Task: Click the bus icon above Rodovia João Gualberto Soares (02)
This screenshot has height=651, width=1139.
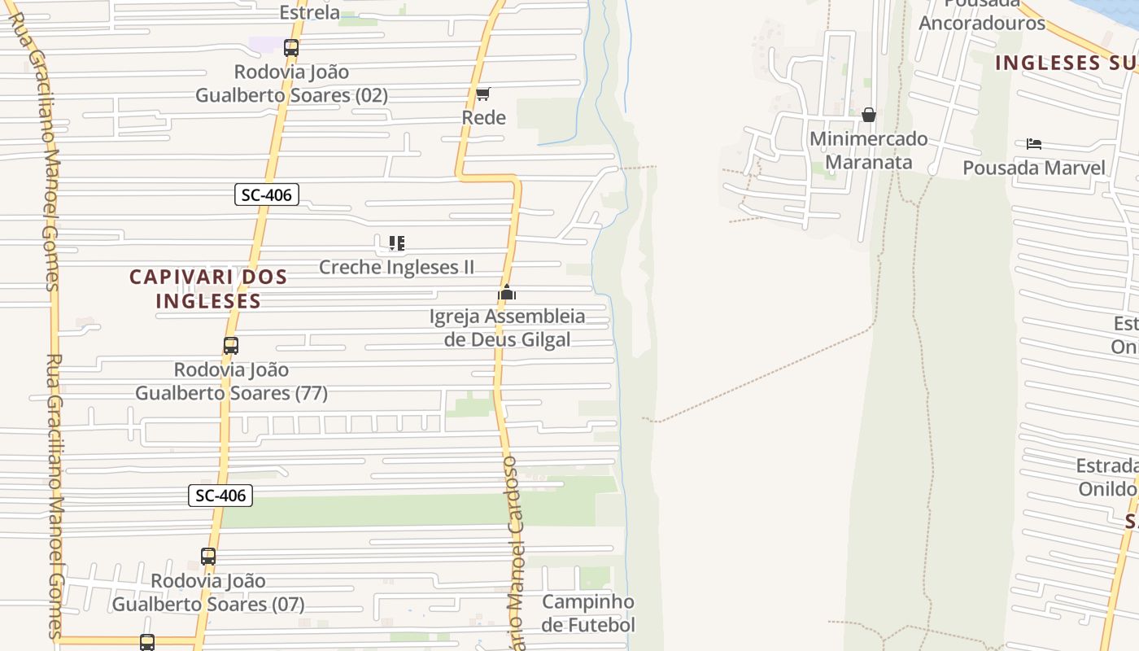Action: [291, 48]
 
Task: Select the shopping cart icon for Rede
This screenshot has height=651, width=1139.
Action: [483, 94]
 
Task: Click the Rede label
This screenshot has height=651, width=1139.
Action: [483, 117]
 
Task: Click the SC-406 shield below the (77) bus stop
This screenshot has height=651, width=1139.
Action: [220, 495]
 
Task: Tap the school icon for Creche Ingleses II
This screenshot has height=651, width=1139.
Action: [396, 243]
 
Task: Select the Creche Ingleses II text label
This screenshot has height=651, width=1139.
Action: [396, 267]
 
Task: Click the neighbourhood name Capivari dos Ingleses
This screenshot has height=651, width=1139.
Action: [208, 289]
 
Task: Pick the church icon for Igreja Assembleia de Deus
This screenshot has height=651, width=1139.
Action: [507, 293]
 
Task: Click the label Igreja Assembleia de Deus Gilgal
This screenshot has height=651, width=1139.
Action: [508, 328]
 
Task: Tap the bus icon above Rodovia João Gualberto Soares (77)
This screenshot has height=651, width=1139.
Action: [231, 346]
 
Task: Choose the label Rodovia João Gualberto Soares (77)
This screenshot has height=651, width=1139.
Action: [231, 382]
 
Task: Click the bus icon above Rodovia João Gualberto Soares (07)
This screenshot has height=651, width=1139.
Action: [208, 557]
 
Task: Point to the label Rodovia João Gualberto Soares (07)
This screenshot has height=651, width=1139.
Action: [208, 592]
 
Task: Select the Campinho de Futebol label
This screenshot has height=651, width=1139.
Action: [587, 614]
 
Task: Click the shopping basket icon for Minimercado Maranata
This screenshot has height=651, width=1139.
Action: [869, 115]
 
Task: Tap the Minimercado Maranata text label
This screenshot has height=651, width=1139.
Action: [868, 151]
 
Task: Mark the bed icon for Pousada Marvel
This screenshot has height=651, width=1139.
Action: [1034, 144]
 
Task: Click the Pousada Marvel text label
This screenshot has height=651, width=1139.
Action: [1034, 168]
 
